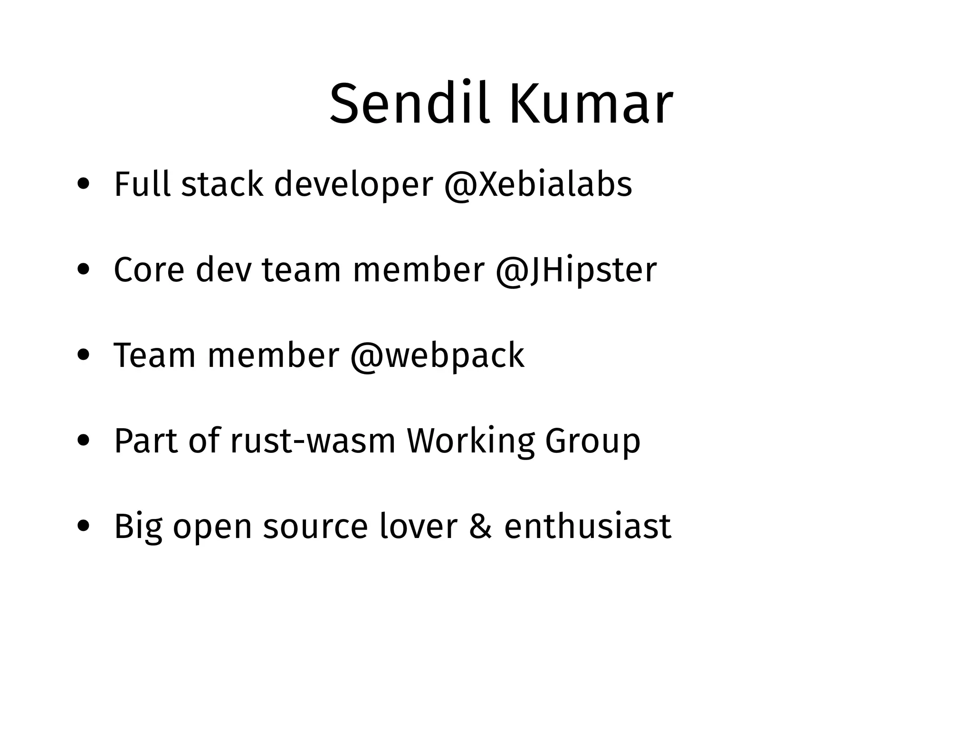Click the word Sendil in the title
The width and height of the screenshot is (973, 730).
click(409, 104)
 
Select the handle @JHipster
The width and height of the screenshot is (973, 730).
click(576, 270)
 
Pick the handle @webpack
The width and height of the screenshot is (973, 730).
click(437, 355)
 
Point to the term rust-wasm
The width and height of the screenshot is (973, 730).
click(313, 441)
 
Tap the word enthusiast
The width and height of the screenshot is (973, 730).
click(588, 527)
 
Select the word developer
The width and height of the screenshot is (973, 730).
click(353, 185)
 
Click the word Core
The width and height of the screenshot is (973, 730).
click(149, 270)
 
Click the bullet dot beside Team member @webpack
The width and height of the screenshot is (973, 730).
click(84, 355)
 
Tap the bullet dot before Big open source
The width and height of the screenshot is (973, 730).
click(84, 527)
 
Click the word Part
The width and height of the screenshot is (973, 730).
click(146, 441)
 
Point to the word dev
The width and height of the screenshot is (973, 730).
click(223, 270)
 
